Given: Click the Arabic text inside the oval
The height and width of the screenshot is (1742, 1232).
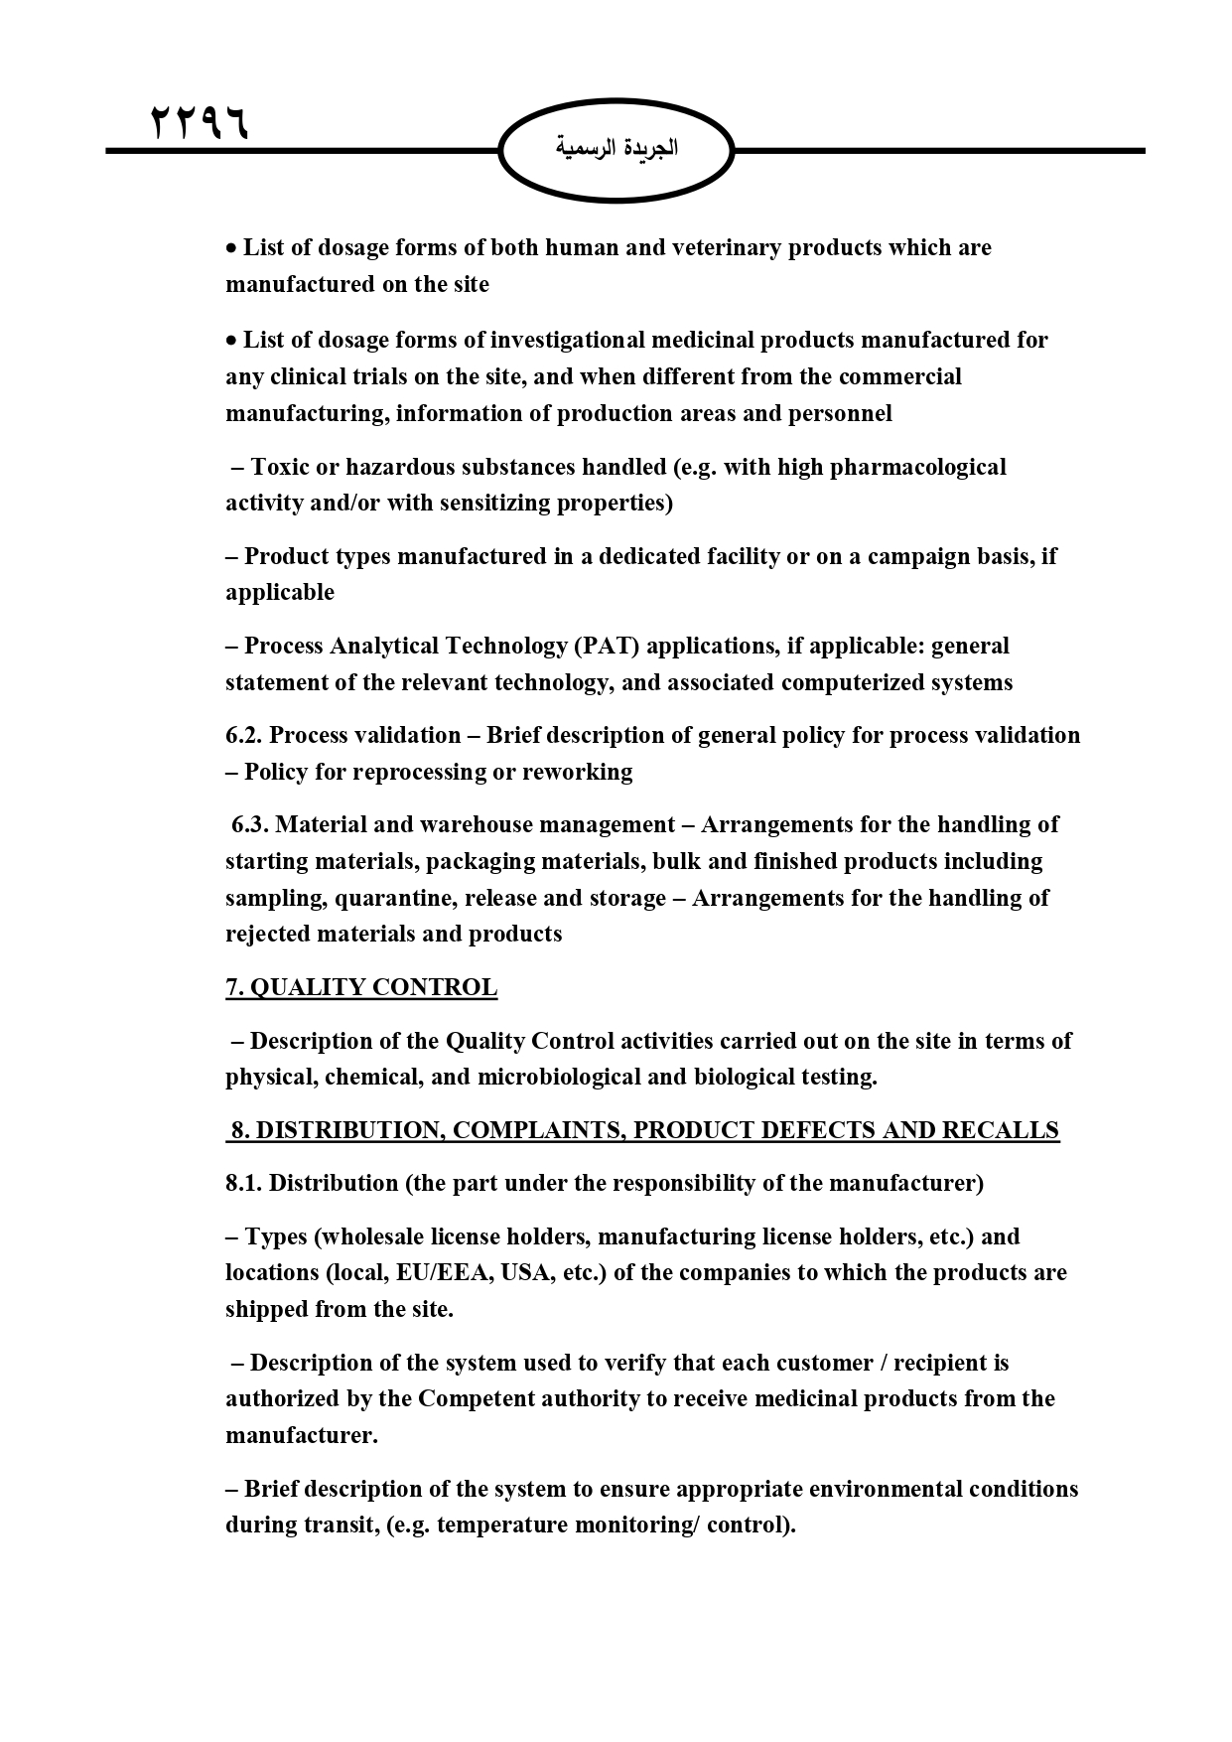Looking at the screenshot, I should click(616, 149).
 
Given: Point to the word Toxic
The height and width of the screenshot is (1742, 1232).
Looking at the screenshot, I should click(280, 467).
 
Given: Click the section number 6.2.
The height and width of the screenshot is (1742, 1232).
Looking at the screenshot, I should click(244, 735).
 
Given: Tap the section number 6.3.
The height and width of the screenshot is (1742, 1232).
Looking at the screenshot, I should click(250, 824).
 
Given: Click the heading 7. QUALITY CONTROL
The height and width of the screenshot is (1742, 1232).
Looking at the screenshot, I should click(361, 987).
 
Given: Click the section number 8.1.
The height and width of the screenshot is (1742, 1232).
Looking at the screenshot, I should click(243, 1183).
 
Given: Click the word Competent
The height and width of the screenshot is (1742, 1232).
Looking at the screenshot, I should click(472, 1398).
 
